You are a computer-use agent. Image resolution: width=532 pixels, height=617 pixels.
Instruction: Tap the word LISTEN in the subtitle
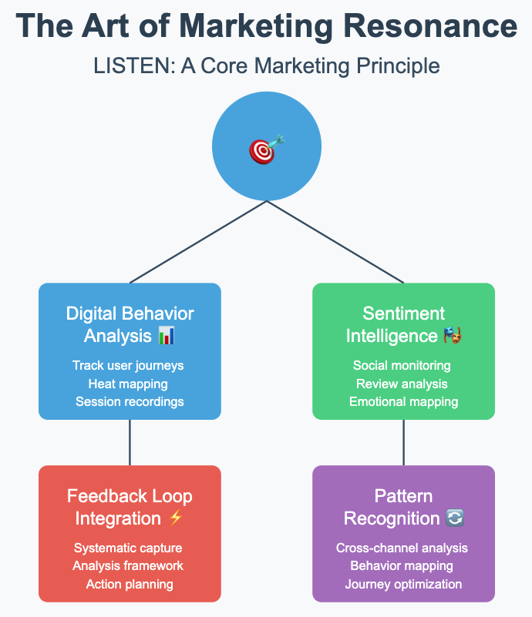[x=126, y=66]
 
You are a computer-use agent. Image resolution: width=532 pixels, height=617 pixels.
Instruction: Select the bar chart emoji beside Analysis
[x=167, y=336]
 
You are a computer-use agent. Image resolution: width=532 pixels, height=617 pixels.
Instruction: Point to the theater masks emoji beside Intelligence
[x=453, y=336]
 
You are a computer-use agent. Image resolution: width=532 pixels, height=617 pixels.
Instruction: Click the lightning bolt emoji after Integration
[x=175, y=518]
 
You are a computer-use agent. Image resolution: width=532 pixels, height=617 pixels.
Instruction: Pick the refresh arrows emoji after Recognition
[x=455, y=518]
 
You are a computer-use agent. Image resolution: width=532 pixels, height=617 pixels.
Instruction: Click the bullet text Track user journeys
[x=128, y=365]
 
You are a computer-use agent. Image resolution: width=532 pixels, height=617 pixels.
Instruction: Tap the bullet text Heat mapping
[x=128, y=384]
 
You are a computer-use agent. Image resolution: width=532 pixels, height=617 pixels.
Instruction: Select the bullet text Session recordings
[x=130, y=401]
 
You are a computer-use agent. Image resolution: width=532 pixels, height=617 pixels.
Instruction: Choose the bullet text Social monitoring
[x=402, y=365]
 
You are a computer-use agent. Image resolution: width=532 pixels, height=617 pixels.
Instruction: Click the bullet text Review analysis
[x=402, y=384]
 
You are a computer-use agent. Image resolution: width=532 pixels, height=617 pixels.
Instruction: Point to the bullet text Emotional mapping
[x=403, y=401]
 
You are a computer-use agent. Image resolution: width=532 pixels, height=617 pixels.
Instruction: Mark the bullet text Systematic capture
[x=129, y=548]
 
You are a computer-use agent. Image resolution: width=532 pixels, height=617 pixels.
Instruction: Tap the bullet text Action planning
[x=130, y=584]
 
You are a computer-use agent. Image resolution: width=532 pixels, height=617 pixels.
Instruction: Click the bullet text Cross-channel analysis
[x=402, y=548]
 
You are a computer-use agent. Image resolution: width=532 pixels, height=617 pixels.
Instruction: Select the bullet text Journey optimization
[x=403, y=584]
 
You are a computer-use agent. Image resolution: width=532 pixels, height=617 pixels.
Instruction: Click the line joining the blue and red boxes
[x=130, y=442]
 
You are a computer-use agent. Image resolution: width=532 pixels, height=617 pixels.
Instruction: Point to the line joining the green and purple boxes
[x=403, y=442]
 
